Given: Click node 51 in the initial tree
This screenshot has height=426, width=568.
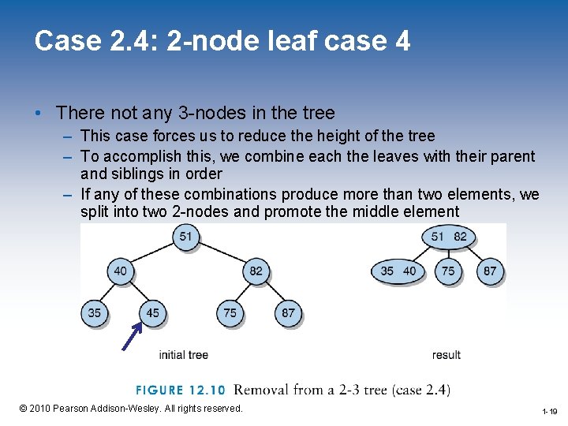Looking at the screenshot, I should (186, 237).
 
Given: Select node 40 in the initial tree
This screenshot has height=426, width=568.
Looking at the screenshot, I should (120, 271).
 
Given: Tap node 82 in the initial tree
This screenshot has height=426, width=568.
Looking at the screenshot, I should (256, 271).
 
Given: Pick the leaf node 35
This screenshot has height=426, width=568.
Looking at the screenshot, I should (94, 312).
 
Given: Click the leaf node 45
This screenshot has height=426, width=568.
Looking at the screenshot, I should (152, 312).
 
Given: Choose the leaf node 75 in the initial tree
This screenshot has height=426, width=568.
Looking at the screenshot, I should (230, 312).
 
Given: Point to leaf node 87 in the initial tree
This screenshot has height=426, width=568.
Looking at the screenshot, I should (288, 312).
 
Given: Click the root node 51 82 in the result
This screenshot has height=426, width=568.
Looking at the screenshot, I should (449, 237).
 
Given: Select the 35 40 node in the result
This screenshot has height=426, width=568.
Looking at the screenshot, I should (398, 271).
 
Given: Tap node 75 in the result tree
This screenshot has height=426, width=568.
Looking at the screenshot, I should (448, 271).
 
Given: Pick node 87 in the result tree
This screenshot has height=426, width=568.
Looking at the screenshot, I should (491, 271).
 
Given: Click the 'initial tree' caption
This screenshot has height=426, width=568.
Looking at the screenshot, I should (183, 355).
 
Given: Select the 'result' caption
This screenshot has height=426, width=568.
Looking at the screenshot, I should (446, 355).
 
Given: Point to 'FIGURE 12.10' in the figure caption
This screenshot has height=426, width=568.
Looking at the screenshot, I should (181, 390).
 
